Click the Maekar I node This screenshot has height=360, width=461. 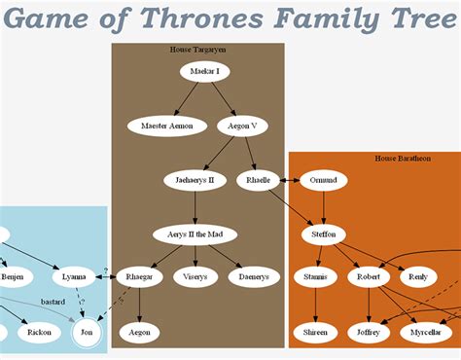(x=205, y=72)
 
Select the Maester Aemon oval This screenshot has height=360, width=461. (x=167, y=126)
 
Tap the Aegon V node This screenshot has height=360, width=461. (x=242, y=126)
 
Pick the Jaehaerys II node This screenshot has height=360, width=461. (x=195, y=180)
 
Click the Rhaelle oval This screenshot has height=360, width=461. (x=258, y=180)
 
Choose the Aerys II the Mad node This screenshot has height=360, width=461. (x=195, y=234)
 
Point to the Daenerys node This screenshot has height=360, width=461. (x=254, y=277)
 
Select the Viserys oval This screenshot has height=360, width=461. (x=195, y=277)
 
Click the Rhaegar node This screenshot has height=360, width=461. (x=139, y=277)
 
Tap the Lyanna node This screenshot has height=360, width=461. (x=74, y=277)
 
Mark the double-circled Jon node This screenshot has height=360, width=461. (x=87, y=333)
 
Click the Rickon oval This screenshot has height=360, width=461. (x=39, y=333)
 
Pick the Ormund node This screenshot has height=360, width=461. (x=323, y=180)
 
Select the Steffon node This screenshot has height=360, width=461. (x=323, y=234)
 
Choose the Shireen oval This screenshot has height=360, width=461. (x=315, y=333)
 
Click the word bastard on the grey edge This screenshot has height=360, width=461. (x=53, y=302)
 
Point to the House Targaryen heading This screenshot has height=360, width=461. (x=197, y=50)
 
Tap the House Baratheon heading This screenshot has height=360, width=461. (x=403, y=159)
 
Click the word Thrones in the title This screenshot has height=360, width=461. (x=201, y=18)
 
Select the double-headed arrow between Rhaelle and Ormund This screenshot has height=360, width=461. (x=290, y=180)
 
